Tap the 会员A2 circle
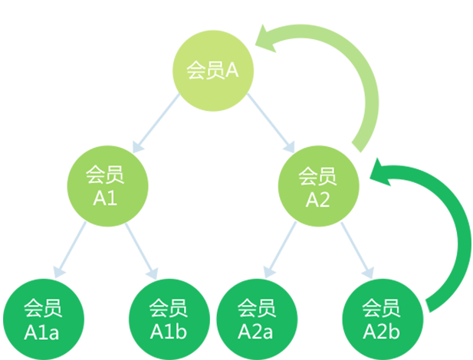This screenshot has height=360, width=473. (317, 187)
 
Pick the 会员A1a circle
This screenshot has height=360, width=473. (41, 320)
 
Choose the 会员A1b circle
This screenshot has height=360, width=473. (167, 320)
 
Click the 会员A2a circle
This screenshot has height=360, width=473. (255, 320)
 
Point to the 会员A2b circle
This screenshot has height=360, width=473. (381, 320)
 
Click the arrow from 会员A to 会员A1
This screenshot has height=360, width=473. (156, 123)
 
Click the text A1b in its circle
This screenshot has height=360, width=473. (167, 332)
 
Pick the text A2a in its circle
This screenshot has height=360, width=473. (255, 332)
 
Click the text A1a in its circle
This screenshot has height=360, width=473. (41, 332)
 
